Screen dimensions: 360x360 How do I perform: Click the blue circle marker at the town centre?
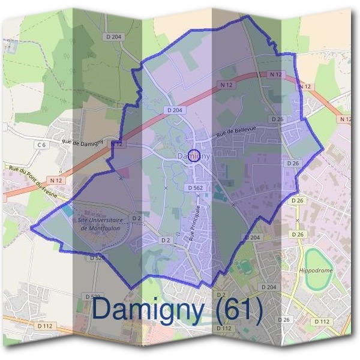[x=193, y=154]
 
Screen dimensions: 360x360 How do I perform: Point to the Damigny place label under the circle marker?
[x=193, y=157]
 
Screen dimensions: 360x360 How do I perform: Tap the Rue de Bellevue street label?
[x=236, y=131]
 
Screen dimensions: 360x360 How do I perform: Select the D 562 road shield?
[x=195, y=188]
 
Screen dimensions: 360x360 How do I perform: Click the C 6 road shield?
[x=41, y=145]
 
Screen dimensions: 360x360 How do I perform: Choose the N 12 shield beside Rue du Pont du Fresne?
[x=56, y=180]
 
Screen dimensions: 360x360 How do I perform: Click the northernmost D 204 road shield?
[x=113, y=37]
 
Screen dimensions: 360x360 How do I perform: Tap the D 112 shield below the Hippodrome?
[x=322, y=322]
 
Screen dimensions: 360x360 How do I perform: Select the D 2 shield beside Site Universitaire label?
[x=136, y=218]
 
